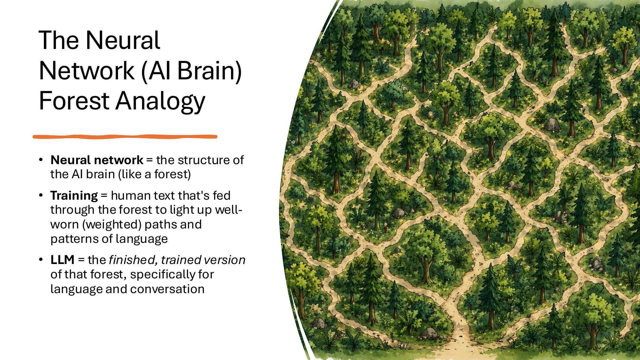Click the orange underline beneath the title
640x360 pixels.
click(x=125, y=137)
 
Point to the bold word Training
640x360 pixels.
click(x=74, y=195)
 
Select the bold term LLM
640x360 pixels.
click(x=62, y=260)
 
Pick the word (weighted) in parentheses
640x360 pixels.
click(x=112, y=224)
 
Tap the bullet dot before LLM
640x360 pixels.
click(x=41, y=260)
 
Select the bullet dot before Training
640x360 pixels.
click(x=41, y=195)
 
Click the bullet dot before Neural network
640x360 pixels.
click(x=41, y=160)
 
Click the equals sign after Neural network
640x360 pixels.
click(x=149, y=160)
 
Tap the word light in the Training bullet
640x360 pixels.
click(x=180, y=210)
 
